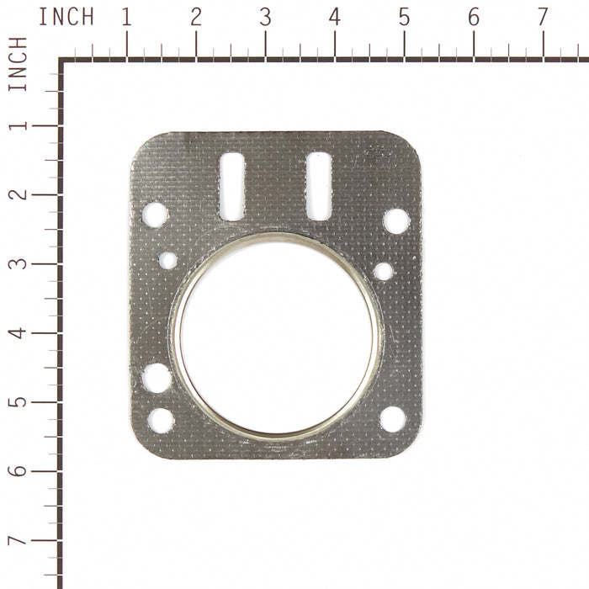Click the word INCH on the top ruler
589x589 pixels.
[x=66, y=17]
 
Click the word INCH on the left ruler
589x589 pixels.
[x=18, y=64]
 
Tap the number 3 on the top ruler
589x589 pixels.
[x=266, y=17]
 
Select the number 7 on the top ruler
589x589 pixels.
[x=543, y=17]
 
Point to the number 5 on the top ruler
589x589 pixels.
[x=404, y=17]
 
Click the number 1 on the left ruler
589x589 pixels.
[x=18, y=125]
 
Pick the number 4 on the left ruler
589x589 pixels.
[x=18, y=333]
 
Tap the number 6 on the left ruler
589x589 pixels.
[x=18, y=471]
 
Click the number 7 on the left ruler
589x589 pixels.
[x=18, y=540]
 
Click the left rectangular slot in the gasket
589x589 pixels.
[x=232, y=186]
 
